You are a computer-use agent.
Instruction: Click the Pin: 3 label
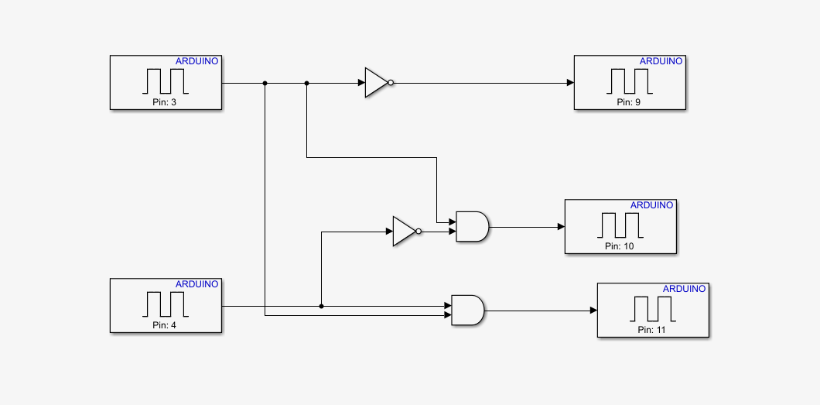(166, 102)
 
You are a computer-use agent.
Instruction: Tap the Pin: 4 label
(166, 325)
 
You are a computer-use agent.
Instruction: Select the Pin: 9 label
(629, 102)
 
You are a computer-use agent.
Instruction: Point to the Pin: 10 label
(620, 246)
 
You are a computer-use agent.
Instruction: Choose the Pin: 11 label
(652, 330)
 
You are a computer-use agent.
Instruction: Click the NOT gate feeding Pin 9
(377, 83)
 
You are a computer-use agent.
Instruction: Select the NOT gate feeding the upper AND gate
(405, 231)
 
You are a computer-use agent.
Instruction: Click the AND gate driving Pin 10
(471, 227)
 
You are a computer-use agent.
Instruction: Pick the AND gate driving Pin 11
(466, 311)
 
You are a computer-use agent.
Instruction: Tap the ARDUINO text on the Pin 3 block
(197, 61)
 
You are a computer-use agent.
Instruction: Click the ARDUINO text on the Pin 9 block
(661, 61)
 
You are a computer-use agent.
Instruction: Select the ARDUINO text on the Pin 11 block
(684, 289)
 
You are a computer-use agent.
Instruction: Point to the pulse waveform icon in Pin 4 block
(166, 303)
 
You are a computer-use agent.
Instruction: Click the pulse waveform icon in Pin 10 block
(620, 225)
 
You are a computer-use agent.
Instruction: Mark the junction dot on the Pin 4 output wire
(321, 306)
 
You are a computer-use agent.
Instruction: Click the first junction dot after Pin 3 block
(265, 83)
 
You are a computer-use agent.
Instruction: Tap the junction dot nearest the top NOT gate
(307, 83)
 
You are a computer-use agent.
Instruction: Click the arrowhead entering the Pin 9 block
(570, 83)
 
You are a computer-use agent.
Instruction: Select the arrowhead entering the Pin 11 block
(593, 311)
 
